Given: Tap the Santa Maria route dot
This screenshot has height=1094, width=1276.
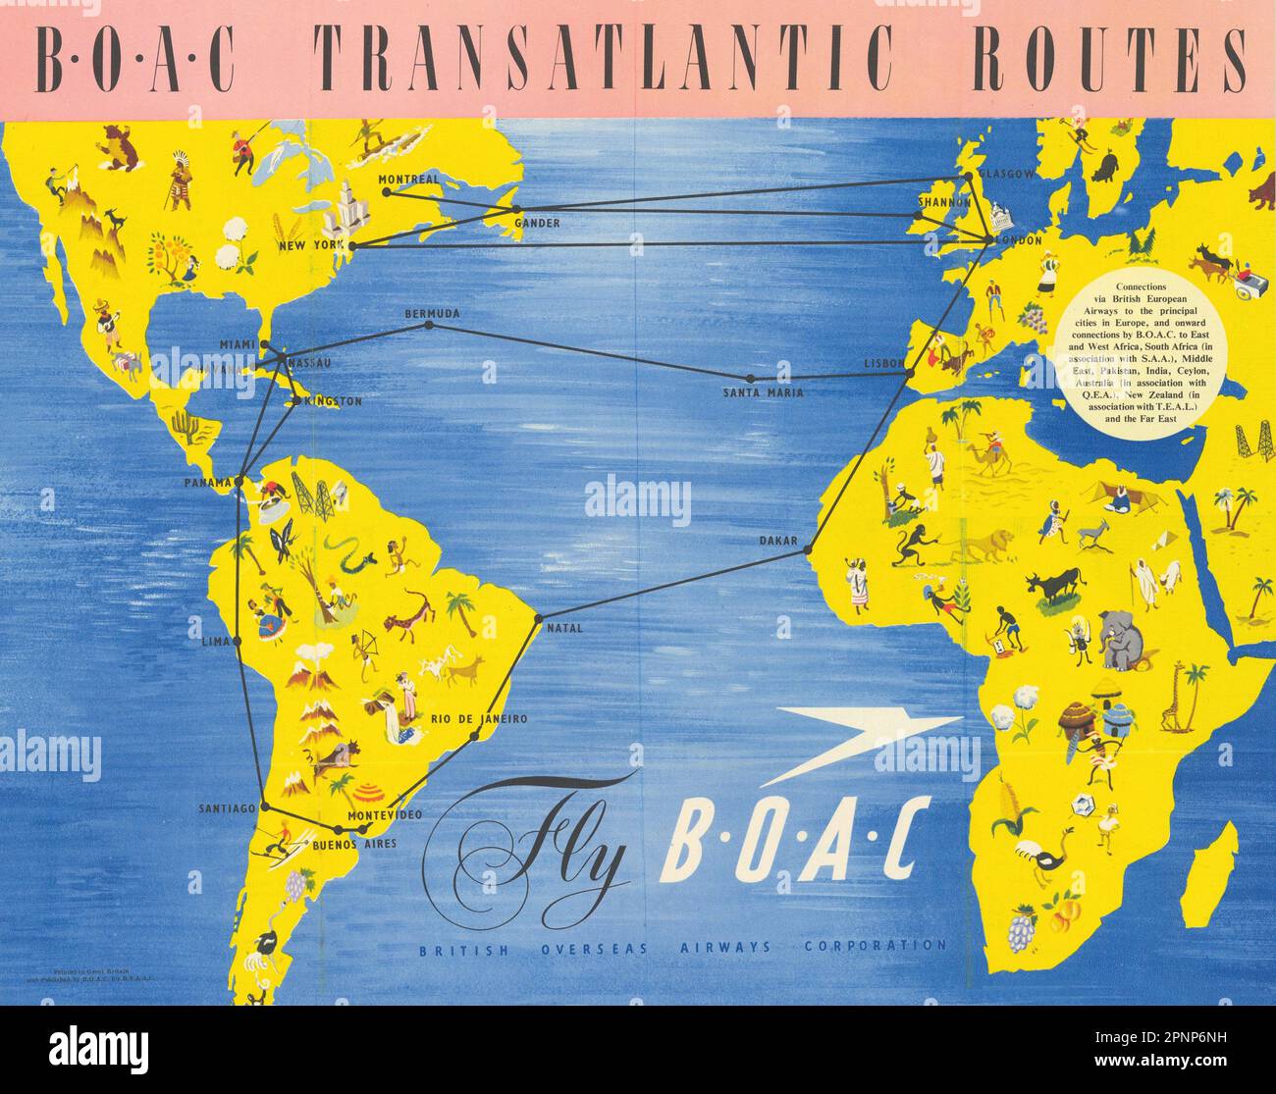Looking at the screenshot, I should coord(751,378).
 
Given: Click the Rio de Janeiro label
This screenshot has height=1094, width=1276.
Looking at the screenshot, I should coord(479,719).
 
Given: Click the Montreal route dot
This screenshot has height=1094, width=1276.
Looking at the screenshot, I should coord(387,192).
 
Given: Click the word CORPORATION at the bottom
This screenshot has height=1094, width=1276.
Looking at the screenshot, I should coord(875,947).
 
